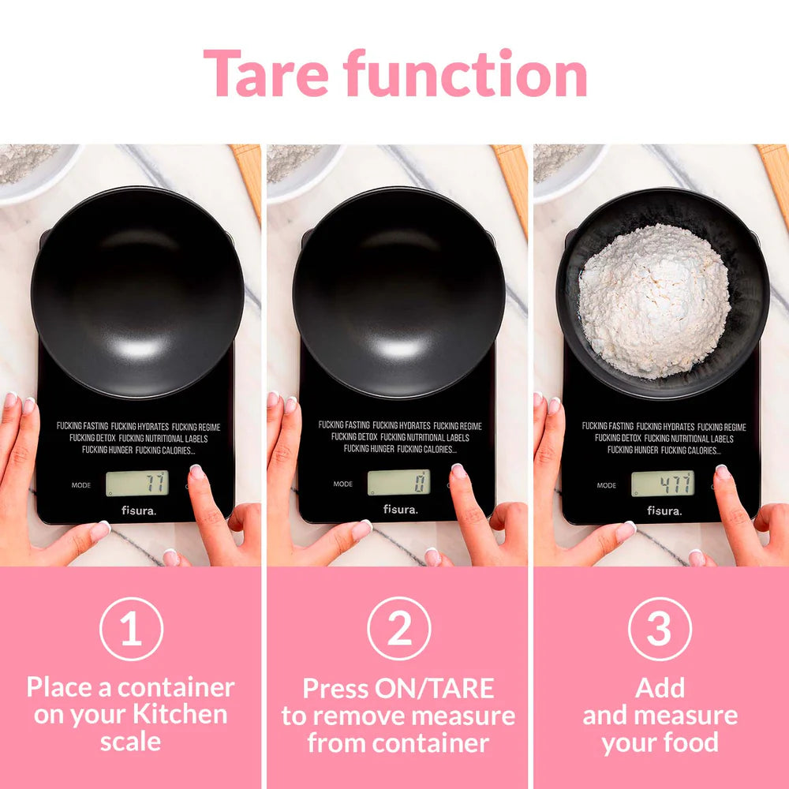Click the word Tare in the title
(x=266, y=73)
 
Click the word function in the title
(x=466, y=73)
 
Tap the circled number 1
(x=131, y=629)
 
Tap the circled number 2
(x=399, y=629)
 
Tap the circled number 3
(x=660, y=629)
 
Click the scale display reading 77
(x=136, y=483)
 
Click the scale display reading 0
(x=398, y=482)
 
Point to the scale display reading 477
(x=663, y=484)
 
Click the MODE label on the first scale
(x=81, y=485)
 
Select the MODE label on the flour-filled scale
(x=606, y=485)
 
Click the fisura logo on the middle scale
(x=401, y=509)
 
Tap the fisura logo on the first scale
(x=139, y=510)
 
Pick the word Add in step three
(x=660, y=688)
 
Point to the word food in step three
(x=690, y=742)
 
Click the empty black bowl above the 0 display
(x=398, y=292)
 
